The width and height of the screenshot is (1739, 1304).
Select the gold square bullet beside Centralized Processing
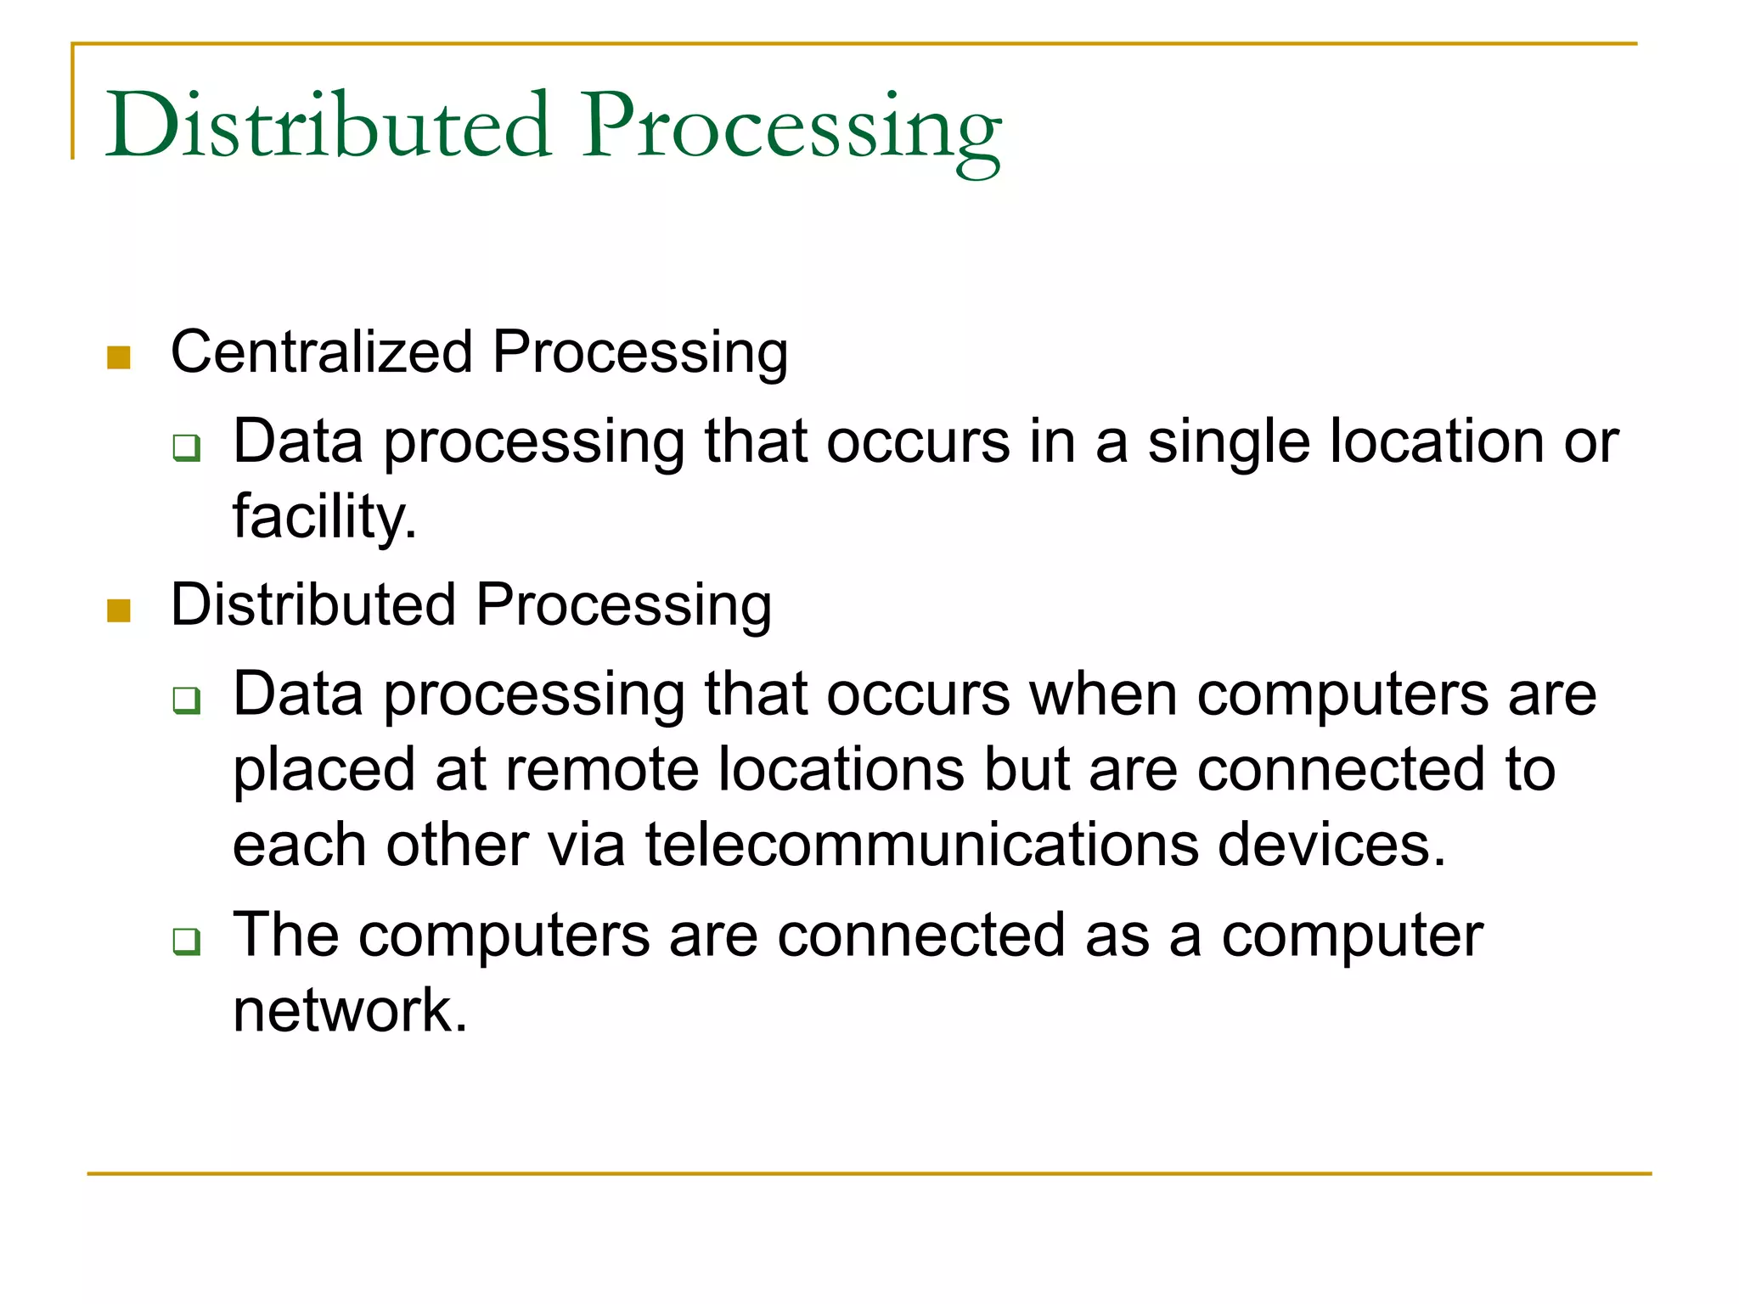click(x=119, y=357)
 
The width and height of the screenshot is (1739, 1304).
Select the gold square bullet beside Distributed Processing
click(x=119, y=610)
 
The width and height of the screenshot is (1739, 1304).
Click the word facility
click(x=324, y=516)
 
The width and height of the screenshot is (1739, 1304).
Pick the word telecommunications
click(x=922, y=845)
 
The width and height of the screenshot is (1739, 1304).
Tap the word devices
click(x=1331, y=845)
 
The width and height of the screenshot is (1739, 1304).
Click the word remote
click(x=602, y=770)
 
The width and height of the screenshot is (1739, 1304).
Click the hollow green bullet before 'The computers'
click(x=187, y=941)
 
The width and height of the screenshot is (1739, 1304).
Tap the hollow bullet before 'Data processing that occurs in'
click(x=187, y=447)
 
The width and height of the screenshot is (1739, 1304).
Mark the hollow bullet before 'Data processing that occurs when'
click(x=187, y=700)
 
